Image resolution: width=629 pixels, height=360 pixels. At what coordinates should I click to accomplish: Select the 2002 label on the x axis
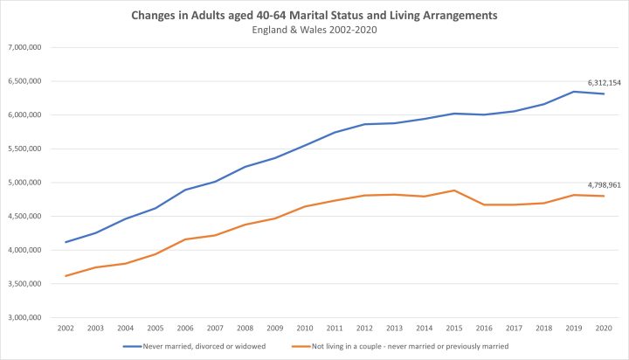[x=66, y=329]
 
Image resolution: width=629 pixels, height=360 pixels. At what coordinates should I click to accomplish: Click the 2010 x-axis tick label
[x=305, y=329]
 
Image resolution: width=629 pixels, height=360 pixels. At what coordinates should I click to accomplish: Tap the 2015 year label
[x=454, y=329]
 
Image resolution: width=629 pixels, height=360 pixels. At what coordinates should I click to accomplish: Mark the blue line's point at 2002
[x=66, y=242]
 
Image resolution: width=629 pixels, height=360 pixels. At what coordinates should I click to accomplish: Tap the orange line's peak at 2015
[x=454, y=190]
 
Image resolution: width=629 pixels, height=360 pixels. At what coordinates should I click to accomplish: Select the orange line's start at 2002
[x=66, y=276]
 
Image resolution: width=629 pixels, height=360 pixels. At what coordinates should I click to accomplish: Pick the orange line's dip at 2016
[x=484, y=204]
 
